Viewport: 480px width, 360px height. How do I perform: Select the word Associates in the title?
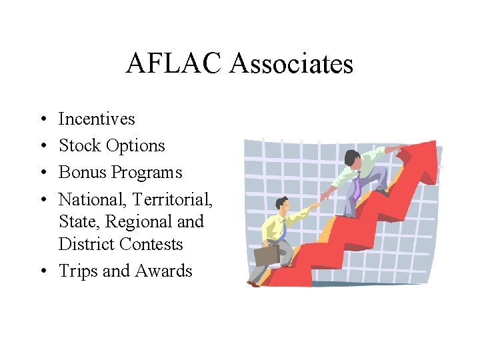coord(291,64)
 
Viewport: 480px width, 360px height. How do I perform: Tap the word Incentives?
coord(97,119)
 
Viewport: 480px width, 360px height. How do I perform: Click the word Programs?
coord(147,173)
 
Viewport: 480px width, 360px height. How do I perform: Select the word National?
coord(92,199)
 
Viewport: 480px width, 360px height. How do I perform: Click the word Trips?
coord(78,271)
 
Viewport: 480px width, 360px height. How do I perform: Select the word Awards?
coord(163,271)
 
